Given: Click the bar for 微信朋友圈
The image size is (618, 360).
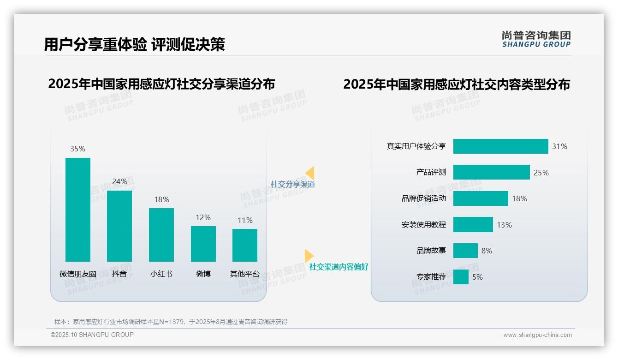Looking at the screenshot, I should (78, 210).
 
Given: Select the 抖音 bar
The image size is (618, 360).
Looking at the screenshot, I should (119, 226).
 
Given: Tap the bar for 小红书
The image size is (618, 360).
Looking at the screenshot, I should (161, 234).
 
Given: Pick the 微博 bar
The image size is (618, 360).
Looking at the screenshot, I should (203, 244).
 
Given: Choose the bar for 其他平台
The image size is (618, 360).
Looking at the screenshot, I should (245, 245).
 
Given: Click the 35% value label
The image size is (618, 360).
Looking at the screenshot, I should (78, 149).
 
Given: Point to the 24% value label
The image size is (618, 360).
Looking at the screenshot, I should (119, 181).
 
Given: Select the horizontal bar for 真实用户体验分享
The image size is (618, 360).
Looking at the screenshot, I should (500, 146).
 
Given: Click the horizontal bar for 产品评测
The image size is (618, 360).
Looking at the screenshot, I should (491, 172).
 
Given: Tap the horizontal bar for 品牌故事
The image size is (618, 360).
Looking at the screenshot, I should (465, 251).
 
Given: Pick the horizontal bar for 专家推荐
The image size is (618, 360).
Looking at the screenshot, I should (461, 277).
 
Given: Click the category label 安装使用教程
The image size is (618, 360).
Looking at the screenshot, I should (424, 225).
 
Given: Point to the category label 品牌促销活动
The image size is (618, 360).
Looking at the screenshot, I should (424, 198).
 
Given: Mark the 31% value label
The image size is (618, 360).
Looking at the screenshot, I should (559, 146).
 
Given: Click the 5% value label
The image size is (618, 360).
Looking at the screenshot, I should (477, 277).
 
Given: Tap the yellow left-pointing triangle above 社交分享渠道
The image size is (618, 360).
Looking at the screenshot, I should (310, 173).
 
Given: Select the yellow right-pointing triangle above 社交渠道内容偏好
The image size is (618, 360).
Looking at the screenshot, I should (309, 256).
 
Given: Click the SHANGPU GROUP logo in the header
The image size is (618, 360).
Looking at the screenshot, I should (536, 39).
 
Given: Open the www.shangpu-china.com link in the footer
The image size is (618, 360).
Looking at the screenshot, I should (537, 335).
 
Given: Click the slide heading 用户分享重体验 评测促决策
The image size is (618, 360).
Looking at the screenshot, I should (134, 44).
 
